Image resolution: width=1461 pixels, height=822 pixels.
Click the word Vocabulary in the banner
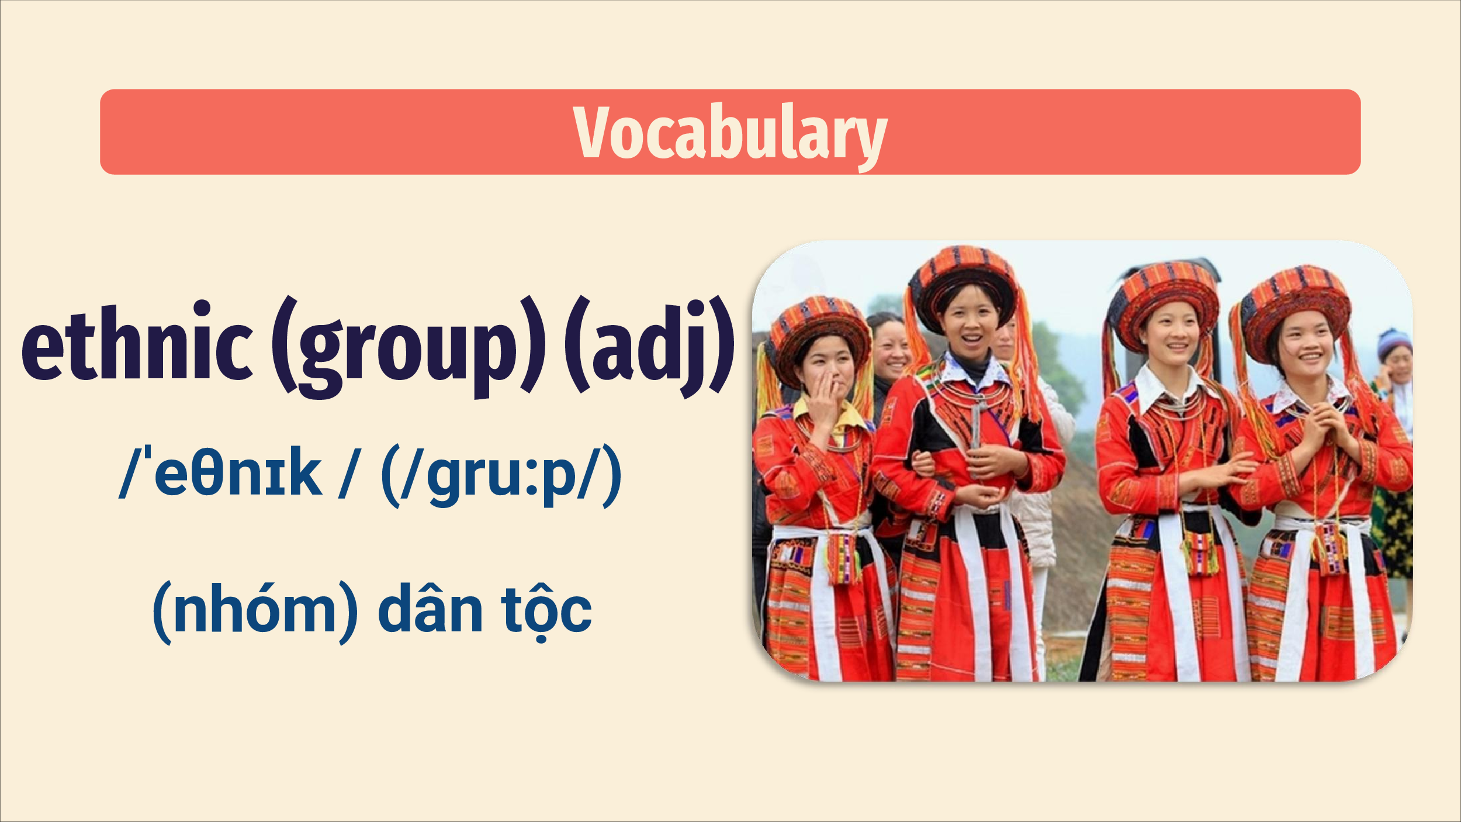[x=730, y=134]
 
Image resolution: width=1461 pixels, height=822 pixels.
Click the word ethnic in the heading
[x=137, y=341]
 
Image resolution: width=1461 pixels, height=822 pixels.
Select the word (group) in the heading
[x=408, y=347]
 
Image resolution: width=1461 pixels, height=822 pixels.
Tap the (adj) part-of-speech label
[x=649, y=347]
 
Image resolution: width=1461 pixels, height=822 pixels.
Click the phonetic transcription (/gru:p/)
[x=501, y=475]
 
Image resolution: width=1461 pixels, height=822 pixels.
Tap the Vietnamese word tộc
[x=546, y=612]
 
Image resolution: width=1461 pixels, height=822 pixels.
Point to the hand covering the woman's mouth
[x=825, y=400]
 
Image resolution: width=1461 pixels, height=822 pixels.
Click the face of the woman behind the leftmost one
[x=891, y=351]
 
